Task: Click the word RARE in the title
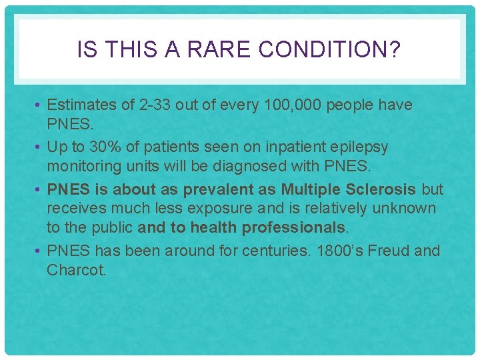point(213,49)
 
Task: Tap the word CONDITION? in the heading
point(329,49)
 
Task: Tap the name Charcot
point(76,271)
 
